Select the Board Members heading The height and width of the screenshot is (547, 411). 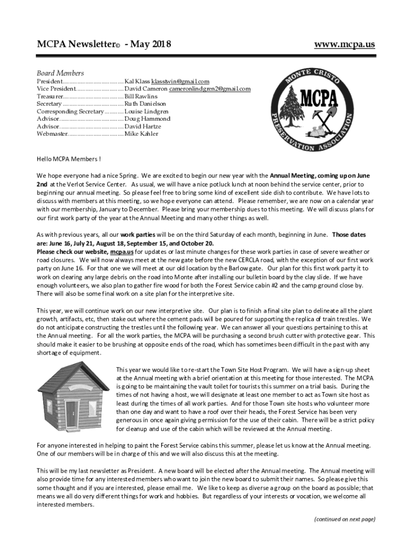pyautogui.click(x=60, y=73)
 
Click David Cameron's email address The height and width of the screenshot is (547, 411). pyautogui.click(x=210, y=89)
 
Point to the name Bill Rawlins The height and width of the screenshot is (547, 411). pyautogui.click(x=141, y=96)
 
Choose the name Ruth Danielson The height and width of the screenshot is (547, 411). pyautogui.click(x=145, y=104)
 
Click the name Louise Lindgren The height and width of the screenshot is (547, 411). pyautogui.click(x=147, y=111)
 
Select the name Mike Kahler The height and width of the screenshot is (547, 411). pyautogui.click(x=141, y=134)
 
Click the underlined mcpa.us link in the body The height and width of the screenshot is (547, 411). pyautogui.click(x=121, y=252)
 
